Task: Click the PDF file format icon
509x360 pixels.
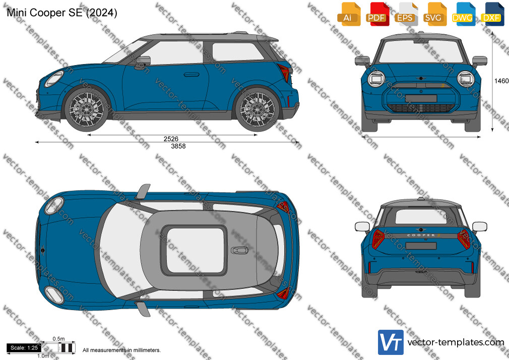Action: click(x=377, y=14)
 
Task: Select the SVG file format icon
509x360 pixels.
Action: click(x=435, y=14)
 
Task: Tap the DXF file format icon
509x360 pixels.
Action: click(x=492, y=14)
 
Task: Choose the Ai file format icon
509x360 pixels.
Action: click(x=349, y=14)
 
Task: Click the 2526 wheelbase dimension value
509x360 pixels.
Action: click(x=171, y=139)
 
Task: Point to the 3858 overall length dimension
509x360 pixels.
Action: click(x=178, y=146)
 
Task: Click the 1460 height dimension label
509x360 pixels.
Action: click(x=501, y=81)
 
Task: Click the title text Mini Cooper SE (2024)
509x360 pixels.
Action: click(x=62, y=13)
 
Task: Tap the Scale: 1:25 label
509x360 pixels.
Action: click(x=24, y=348)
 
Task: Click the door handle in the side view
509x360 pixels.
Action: click(x=192, y=75)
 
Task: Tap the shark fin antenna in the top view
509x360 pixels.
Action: click(x=239, y=250)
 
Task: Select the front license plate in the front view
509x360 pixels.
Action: click(x=421, y=98)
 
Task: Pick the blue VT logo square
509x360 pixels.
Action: click(x=391, y=342)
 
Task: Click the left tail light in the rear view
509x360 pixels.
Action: click(x=378, y=239)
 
